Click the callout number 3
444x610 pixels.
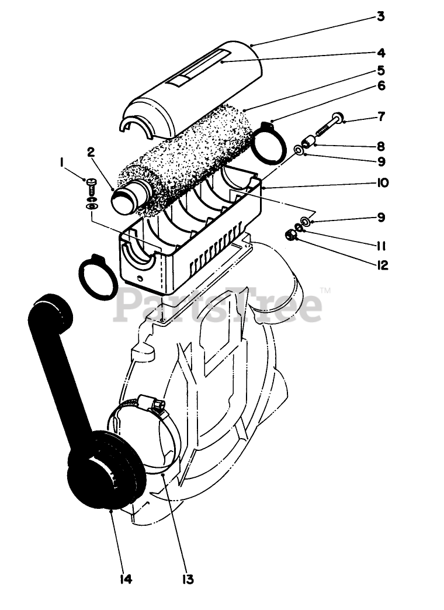(380, 16)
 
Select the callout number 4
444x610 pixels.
(380, 53)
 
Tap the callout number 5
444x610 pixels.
(380, 71)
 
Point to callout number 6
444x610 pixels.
(380, 86)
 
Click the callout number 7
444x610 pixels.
(380, 116)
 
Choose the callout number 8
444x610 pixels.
(380, 146)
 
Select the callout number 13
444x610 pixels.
(187, 580)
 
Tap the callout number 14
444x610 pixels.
(126, 580)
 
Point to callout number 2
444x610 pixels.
(91, 152)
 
